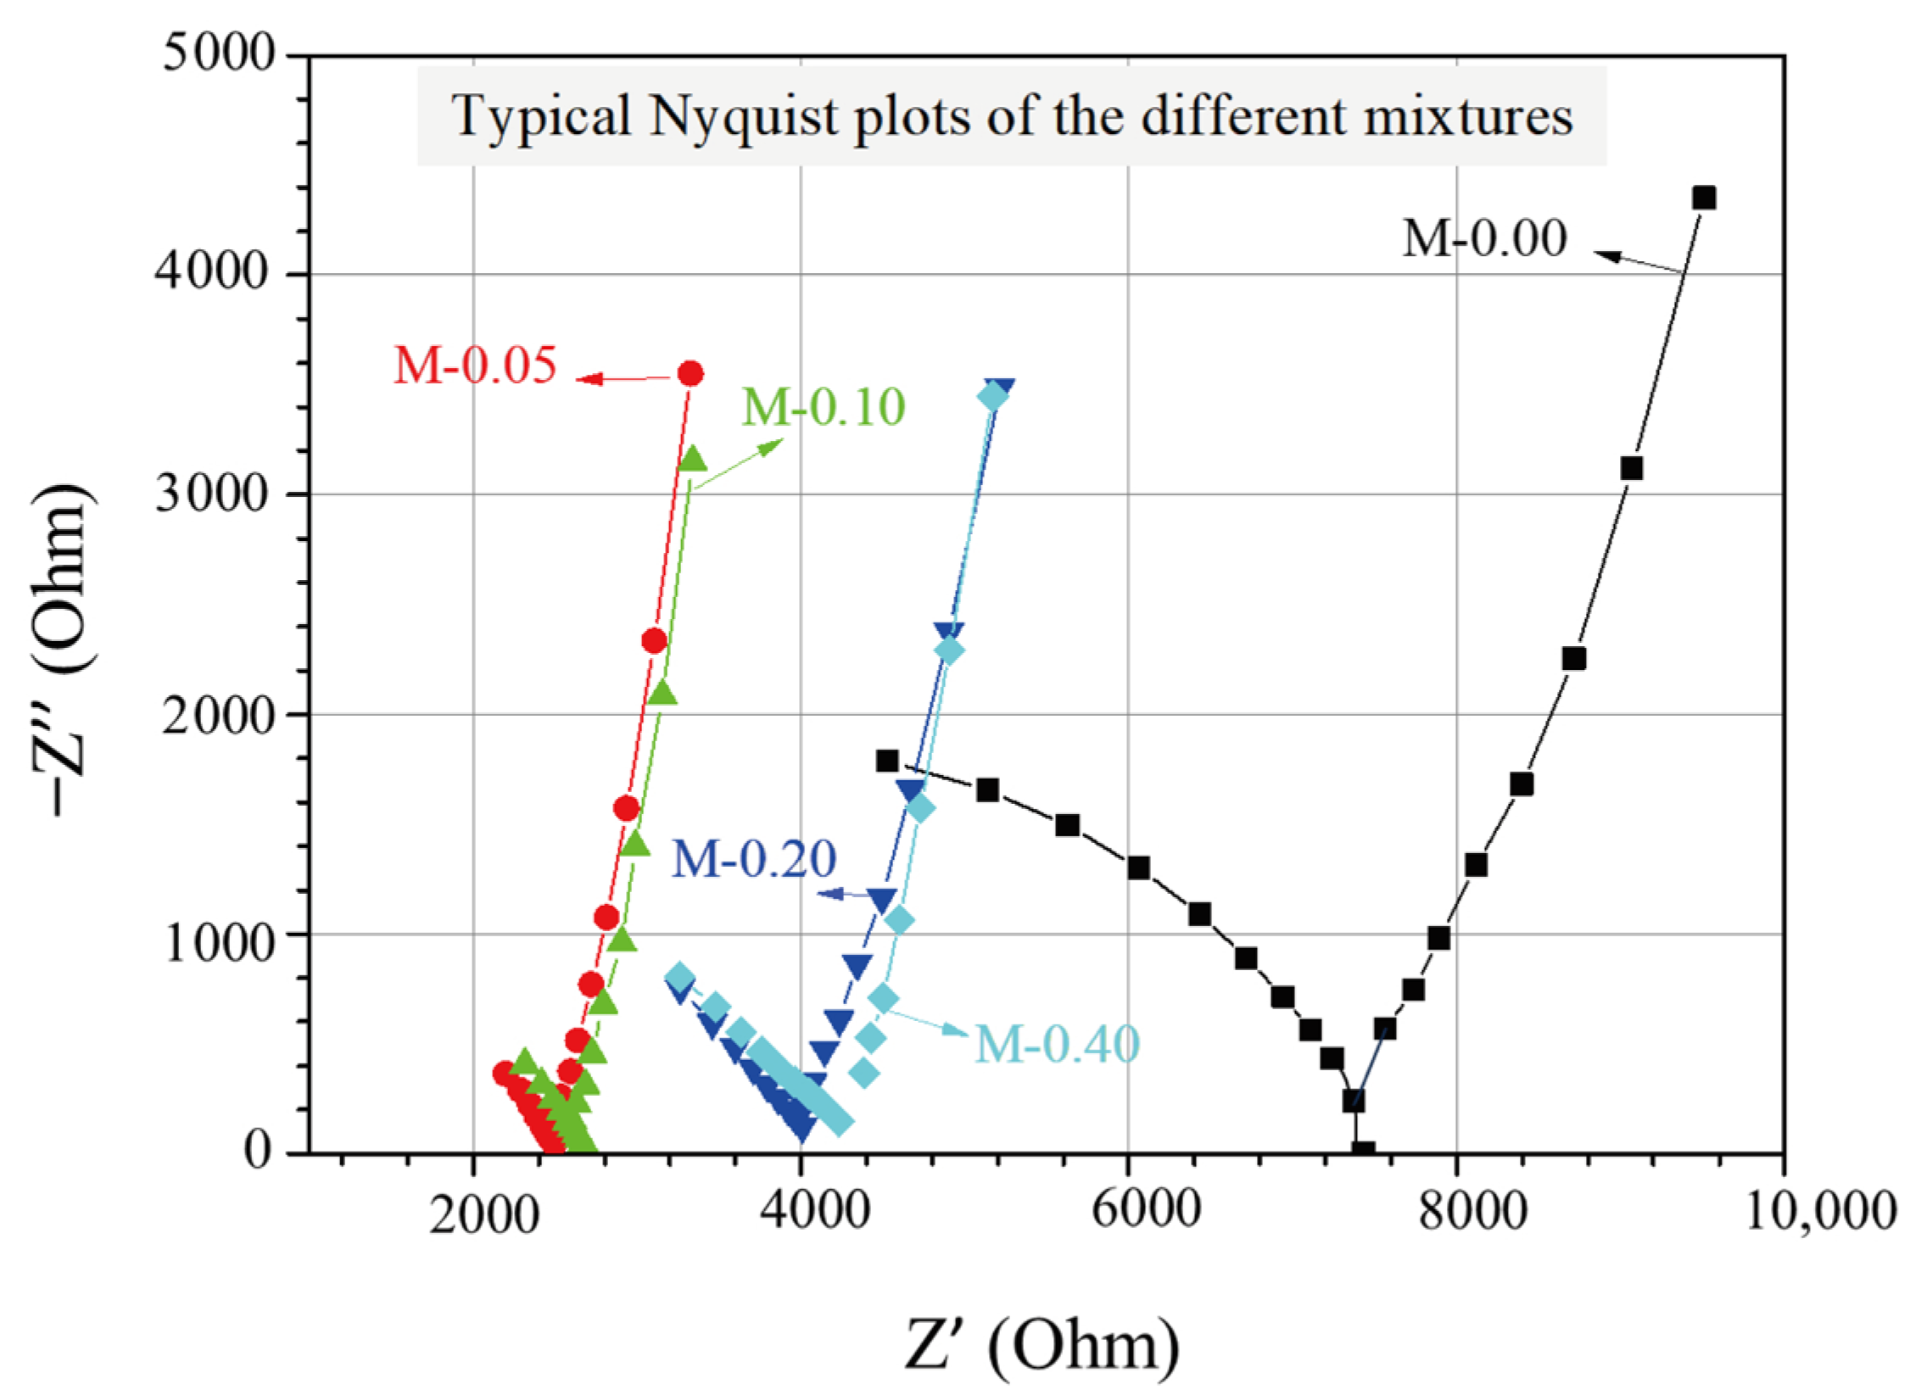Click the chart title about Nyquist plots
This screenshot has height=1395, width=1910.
(1011, 116)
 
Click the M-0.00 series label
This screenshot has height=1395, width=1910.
(1483, 238)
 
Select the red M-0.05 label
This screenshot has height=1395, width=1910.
(475, 365)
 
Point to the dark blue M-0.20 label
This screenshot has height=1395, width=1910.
(754, 858)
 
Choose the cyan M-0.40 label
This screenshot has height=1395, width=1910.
(1057, 1043)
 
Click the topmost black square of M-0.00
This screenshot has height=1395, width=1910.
(1703, 198)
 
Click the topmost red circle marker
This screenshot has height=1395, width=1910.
(690, 373)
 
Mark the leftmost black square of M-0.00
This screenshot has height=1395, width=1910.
(887, 761)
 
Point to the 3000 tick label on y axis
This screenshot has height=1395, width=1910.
(212, 494)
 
